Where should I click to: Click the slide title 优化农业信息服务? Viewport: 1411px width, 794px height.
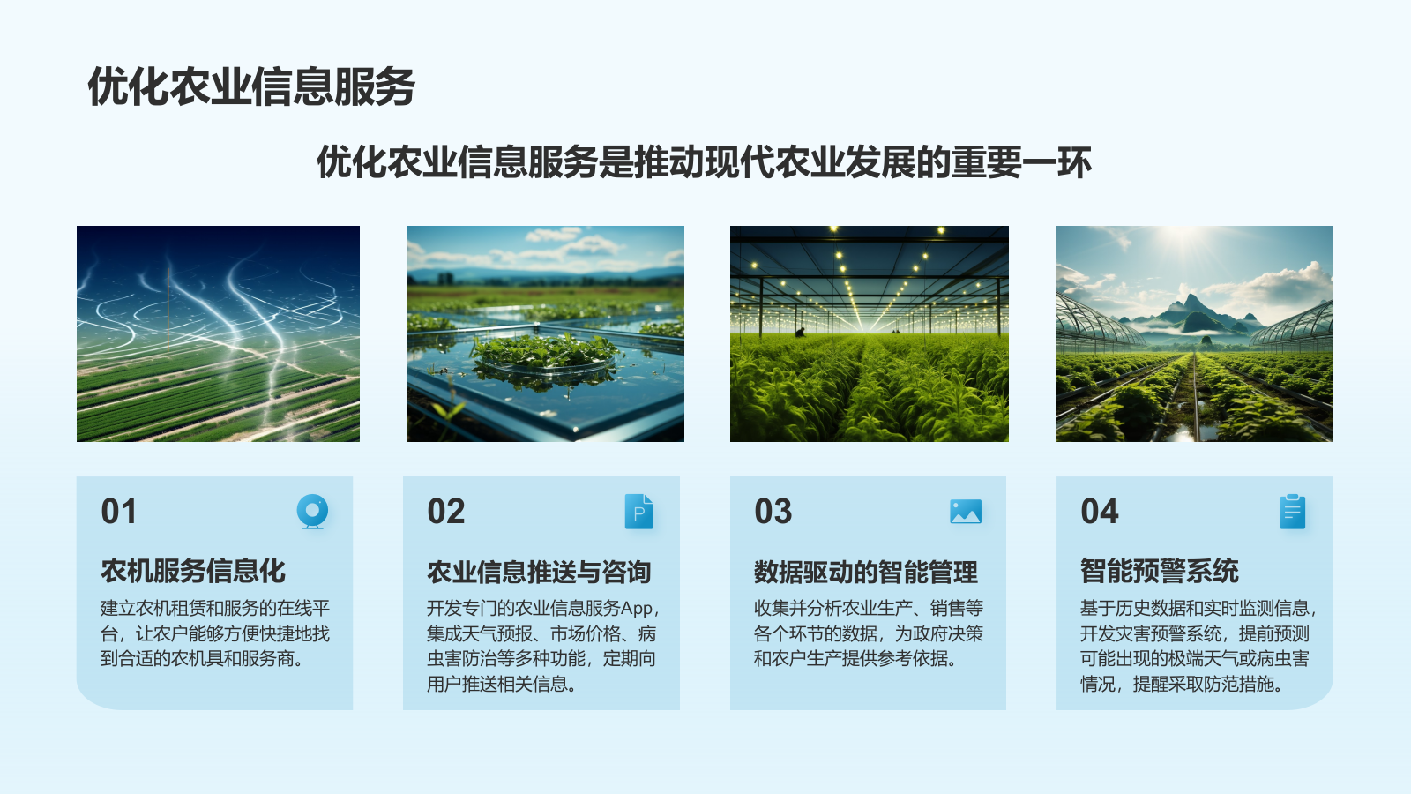(251, 86)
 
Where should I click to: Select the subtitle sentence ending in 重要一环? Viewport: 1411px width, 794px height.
(704, 162)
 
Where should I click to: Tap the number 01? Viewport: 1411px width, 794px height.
(119, 512)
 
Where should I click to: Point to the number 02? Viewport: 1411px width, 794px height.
(446, 512)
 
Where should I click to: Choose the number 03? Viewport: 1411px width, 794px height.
(773, 512)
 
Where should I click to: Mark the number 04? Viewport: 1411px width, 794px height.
(1100, 512)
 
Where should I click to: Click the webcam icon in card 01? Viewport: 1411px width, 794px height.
(312, 512)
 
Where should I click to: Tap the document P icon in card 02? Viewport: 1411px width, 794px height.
(639, 512)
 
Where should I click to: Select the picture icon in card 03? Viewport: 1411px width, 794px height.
(966, 512)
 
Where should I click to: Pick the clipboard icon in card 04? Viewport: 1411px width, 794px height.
(1292, 512)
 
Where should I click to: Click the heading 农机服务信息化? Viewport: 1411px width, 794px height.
(193, 571)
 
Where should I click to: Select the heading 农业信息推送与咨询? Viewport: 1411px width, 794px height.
(539, 573)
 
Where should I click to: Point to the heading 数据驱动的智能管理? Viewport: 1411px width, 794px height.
(865, 573)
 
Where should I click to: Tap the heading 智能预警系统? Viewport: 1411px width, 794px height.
(1160, 571)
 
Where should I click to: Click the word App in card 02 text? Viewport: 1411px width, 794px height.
(638, 609)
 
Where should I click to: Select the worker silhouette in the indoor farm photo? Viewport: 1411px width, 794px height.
(800, 332)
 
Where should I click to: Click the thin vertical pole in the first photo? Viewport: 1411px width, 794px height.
(168, 309)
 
